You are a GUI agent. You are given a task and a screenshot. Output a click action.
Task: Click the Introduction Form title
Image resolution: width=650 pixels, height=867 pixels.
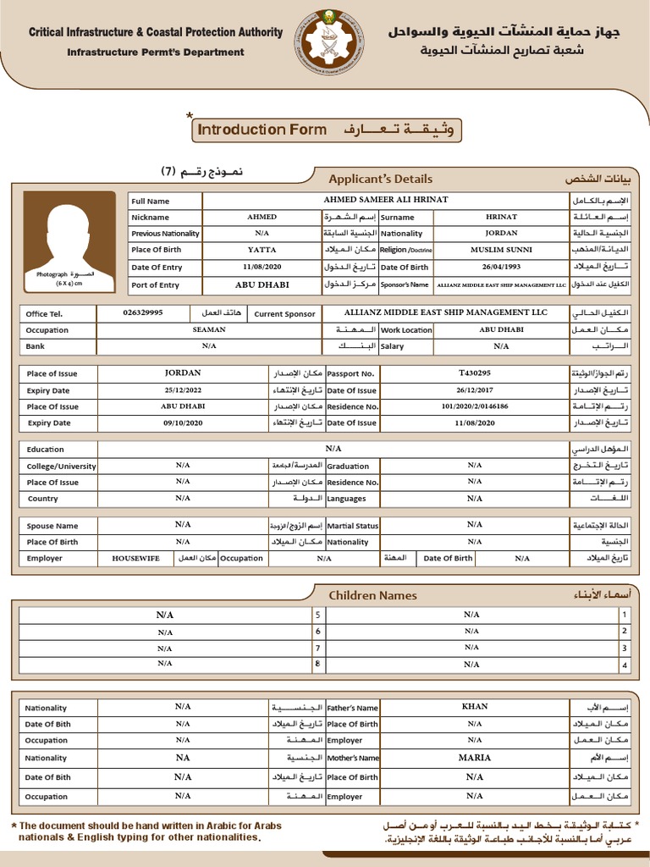pos(262,130)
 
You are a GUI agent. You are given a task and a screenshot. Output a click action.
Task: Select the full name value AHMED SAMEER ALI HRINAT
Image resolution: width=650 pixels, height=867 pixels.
pos(386,200)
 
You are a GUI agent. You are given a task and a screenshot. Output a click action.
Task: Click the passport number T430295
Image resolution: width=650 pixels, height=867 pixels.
pos(474,373)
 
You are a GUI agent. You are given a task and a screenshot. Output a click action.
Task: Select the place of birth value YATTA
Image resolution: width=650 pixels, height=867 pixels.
pos(262,250)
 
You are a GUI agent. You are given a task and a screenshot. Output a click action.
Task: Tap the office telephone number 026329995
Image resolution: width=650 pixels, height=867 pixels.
pos(143,312)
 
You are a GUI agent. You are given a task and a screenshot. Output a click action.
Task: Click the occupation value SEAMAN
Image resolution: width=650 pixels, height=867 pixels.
pos(209,329)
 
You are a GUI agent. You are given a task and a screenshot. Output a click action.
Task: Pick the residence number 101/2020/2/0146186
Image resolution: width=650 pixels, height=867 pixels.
pos(474,406)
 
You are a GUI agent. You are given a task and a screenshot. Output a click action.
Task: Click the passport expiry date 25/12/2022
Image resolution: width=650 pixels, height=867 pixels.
pos(184,389)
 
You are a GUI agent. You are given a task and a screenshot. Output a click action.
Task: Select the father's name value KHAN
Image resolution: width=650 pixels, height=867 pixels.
pos(474,706)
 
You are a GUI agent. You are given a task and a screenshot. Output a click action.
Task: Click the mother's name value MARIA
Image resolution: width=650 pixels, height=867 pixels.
pos(474,758)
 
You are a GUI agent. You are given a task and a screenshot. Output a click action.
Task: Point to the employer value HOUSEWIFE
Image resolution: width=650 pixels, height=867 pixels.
pos(136,558)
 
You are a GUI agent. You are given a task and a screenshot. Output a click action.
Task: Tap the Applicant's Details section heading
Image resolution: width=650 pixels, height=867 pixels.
pos(380,179)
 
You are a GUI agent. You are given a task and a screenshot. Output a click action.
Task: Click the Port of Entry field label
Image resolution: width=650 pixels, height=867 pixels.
pos(156,285)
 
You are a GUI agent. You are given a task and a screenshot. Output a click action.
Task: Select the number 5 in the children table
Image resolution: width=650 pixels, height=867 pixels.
pos(318,616)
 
